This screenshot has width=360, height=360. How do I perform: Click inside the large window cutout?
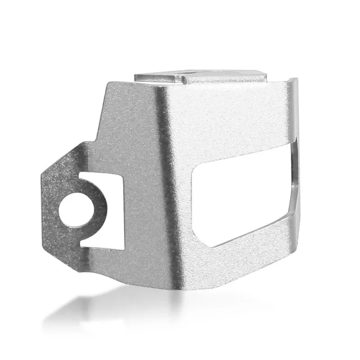(243, 193)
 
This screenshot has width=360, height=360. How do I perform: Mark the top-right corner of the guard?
(297, 80)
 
